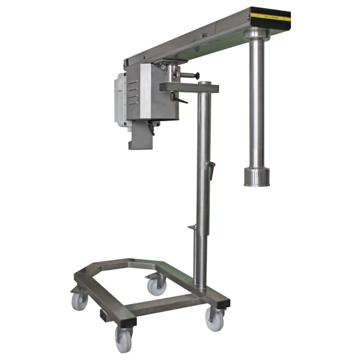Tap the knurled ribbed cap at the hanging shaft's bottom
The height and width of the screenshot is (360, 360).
point(256,176)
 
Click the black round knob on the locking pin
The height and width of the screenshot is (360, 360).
point(196,76)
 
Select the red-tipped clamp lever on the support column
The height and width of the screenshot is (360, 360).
point(210,165)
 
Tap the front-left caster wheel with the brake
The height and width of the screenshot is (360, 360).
point(80,299)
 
